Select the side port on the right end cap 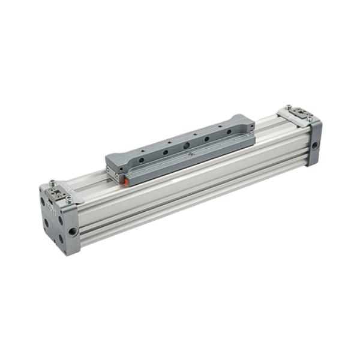click(x=314, y=145)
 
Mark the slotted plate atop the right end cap click(x=299, y=113)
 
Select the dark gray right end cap click(x=313, y=141)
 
